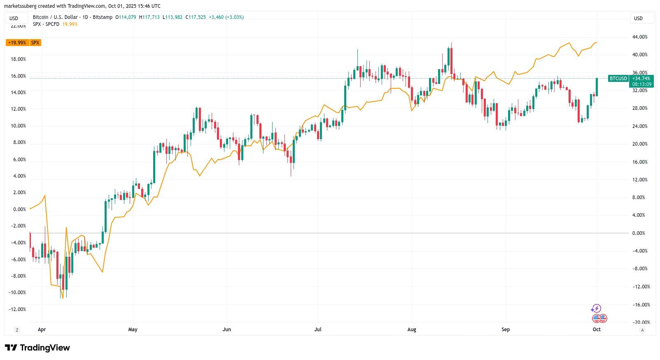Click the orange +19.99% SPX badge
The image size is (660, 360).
click(x=23, y=43)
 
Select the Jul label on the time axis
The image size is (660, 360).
click(x=318, y=330)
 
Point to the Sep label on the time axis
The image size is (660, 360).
click(x=506, y=330)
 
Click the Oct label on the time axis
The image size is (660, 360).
click(x=596, y=330)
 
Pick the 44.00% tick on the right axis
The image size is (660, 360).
click(x=640, y=37)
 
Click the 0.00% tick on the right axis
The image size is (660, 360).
click(x=639, y=233)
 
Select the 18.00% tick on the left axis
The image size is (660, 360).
click(x=18, y=59)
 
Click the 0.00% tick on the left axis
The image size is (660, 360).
click(x=19, y=209)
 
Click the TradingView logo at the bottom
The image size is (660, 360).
click(x=37, y=348)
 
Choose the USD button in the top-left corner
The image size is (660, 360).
click(x=14, y=19)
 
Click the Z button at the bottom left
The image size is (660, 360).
click(x=17, y=330)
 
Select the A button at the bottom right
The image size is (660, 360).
click(x=642, y=330)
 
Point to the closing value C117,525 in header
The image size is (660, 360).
click(x=195, y=17)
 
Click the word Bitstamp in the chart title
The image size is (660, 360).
click(x=102, y=17)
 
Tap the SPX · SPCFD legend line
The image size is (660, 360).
click(x=46, y=24)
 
